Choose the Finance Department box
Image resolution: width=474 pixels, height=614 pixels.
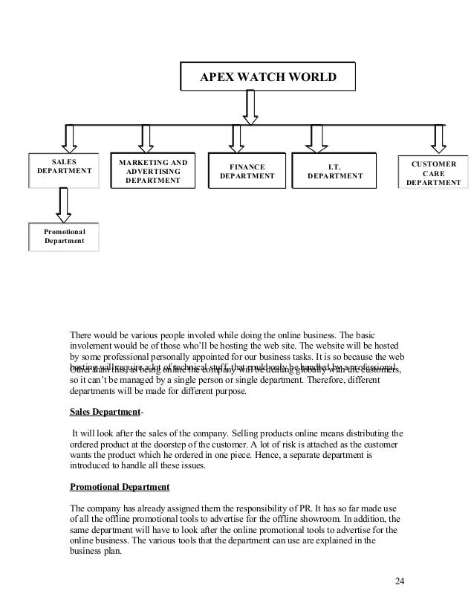tap(247, 172)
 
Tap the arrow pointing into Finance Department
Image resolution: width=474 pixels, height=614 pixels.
tap(237, 138)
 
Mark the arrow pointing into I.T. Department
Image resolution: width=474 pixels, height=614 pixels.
tap(318, 138)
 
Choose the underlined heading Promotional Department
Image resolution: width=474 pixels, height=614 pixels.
tap(119, 488)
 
